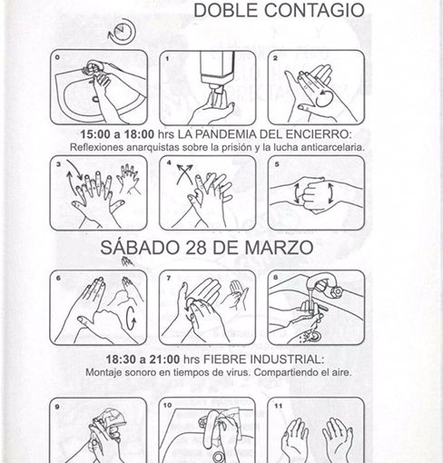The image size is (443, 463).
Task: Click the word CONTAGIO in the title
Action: (x=314, y=10)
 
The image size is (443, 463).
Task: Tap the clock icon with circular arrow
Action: (x=122, y=31)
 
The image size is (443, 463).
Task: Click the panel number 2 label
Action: (x=275, y=58)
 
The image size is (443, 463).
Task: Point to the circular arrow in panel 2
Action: (x=323, y=99)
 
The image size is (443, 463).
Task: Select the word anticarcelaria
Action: (x=332, y=147)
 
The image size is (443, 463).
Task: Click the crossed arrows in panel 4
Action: (x=184, y=173)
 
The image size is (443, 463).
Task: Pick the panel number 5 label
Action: (x=277, y=164)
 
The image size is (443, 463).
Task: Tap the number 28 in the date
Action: (x=196, y=248)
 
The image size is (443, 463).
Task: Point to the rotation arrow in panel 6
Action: (x=132, y=319)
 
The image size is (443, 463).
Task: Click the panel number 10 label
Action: (x=167, y=405)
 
